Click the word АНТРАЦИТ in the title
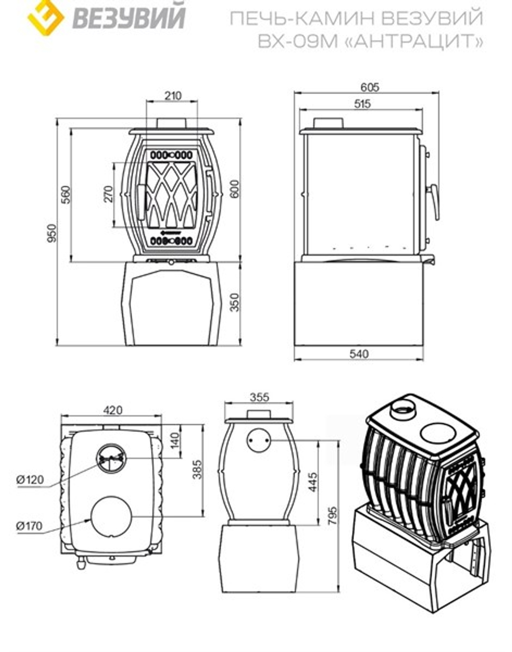(x=415, y=41)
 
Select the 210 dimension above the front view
(x=173, y=96)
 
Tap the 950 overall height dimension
(x=52, y=233)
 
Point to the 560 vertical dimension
(x=66, y=195)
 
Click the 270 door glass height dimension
(x=109, y=194)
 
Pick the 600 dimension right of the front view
(x=235, y=189)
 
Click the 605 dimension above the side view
(x=370, y=87)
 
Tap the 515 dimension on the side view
(x=362, y=104)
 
